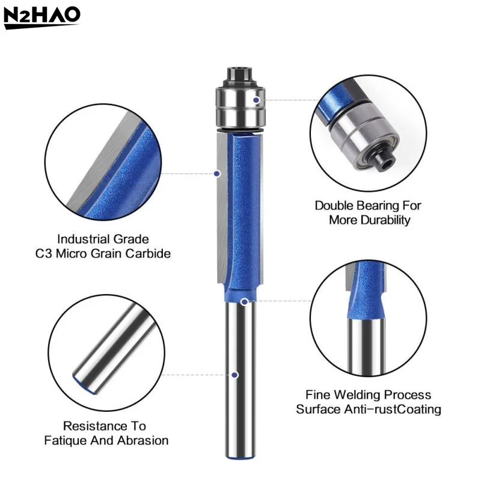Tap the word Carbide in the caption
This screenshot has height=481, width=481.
pos(149,253)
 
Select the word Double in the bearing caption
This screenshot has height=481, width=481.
pos(334,206)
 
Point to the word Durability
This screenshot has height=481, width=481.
pos(387,220)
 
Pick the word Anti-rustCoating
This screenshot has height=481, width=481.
pos(394,409)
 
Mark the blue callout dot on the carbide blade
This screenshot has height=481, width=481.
pos(217,173)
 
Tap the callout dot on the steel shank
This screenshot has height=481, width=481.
pos(234,375)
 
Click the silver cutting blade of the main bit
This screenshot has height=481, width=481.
pos(220,210)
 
